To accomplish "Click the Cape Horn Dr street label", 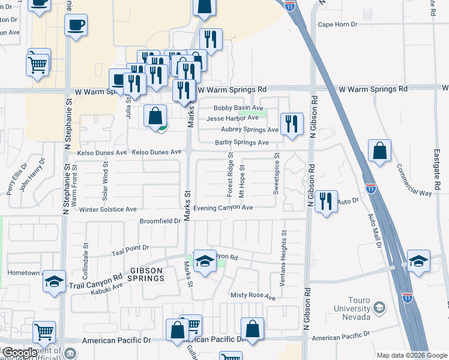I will pos(337,25).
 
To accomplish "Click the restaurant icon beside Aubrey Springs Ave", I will pos(292,124).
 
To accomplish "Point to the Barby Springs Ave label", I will pos(242,142).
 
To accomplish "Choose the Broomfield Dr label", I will pos(160,221).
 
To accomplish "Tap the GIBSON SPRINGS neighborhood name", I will pos(146,274).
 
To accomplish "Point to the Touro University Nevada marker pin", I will pos(379,308).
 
